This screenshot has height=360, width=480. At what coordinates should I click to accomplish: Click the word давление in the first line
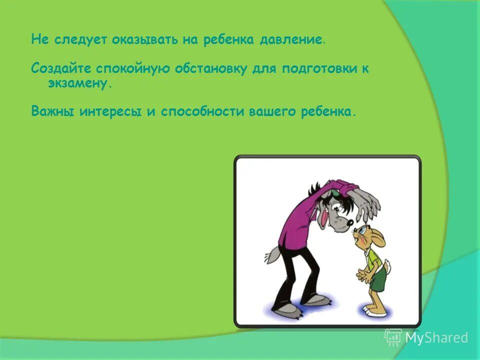(x=291, y=40)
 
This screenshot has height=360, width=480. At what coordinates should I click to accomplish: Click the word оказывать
(x=134, y=40)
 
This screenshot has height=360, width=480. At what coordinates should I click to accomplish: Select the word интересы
(x=110, y=111)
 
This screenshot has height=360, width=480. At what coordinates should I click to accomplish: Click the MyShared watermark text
(x=436, y=338)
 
